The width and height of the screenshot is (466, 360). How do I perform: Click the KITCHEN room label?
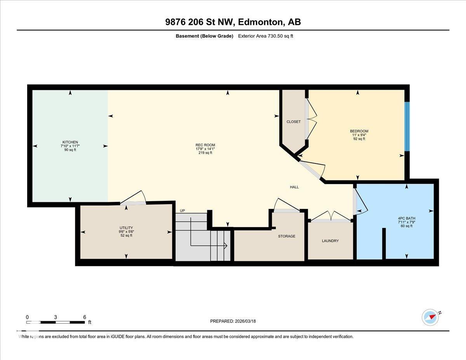70,142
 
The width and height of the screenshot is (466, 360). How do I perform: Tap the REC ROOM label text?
205,145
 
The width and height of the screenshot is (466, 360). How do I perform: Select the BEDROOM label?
359,131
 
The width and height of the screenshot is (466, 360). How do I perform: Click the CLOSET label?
294,122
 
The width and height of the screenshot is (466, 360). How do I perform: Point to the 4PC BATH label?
407,218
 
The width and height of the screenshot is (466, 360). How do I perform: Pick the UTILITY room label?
126,228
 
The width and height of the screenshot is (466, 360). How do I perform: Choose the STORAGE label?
287,236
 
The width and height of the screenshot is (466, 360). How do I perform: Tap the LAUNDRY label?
330,241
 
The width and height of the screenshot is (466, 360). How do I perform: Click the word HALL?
294,187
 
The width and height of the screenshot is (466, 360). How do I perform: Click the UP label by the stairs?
182,211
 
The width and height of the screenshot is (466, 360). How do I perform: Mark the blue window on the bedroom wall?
407,126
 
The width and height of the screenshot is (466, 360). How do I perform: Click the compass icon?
430,317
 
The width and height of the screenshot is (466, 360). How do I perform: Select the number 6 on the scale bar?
84,317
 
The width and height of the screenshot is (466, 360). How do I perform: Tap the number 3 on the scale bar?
56,317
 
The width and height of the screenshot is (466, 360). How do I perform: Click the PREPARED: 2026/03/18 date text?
233,321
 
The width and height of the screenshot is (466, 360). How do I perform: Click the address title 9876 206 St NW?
233,22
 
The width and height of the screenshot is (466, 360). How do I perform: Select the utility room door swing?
133,198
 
